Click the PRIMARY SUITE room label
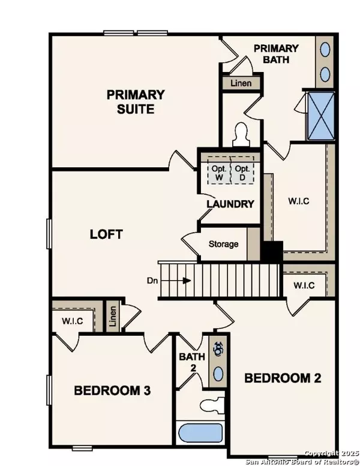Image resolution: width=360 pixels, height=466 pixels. (136, 102)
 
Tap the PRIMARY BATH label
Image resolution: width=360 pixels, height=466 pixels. (276, 53)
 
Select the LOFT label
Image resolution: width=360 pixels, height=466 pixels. (106, 234)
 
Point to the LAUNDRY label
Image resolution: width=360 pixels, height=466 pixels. (230, 204)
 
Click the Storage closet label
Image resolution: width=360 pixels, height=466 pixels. (223, 244)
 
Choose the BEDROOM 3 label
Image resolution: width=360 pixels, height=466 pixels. (112, 390)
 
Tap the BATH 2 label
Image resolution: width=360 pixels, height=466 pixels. (193, 362)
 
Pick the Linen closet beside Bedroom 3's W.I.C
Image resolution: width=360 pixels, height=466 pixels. (112, 317)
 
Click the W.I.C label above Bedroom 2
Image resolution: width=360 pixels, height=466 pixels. (304, 285)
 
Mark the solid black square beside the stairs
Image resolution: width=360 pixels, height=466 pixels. (274, 251)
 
